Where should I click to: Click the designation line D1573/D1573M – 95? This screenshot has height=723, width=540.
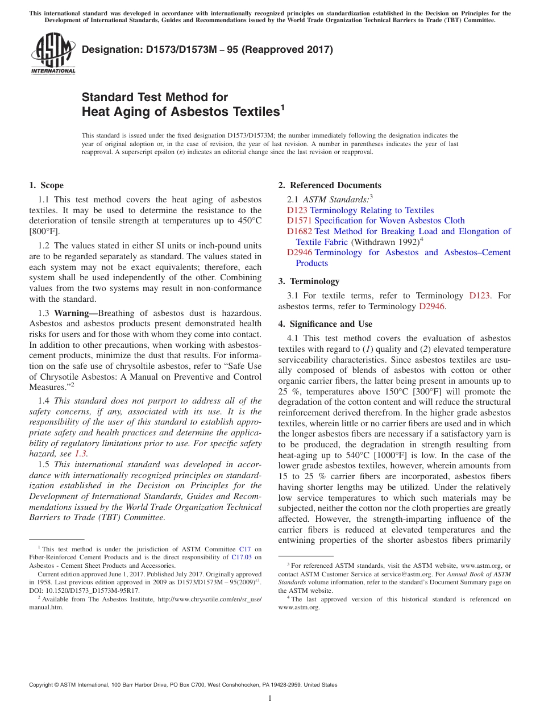pos(207,49)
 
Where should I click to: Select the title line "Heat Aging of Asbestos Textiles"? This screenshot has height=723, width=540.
pos(181,111)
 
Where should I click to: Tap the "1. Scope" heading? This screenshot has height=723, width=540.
pos(46,185)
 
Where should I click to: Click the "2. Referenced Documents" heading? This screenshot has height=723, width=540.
pos(330,185)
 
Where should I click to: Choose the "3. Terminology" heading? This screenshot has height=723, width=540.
pos(309,281)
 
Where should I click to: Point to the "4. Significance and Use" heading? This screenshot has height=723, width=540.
pos(325,324)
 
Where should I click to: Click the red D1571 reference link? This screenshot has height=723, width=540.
pos(299,221)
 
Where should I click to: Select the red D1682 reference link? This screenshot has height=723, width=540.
pos(299,231)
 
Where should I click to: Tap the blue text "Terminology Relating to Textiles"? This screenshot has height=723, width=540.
pos(372,210)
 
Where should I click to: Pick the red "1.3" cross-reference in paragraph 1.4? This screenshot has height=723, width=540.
pos(81,454)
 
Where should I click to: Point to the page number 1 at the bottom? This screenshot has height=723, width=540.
pos(270,699)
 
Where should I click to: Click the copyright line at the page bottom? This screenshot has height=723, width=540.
pos(183,685)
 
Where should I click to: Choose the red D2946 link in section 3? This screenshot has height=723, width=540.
pos(431,306)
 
